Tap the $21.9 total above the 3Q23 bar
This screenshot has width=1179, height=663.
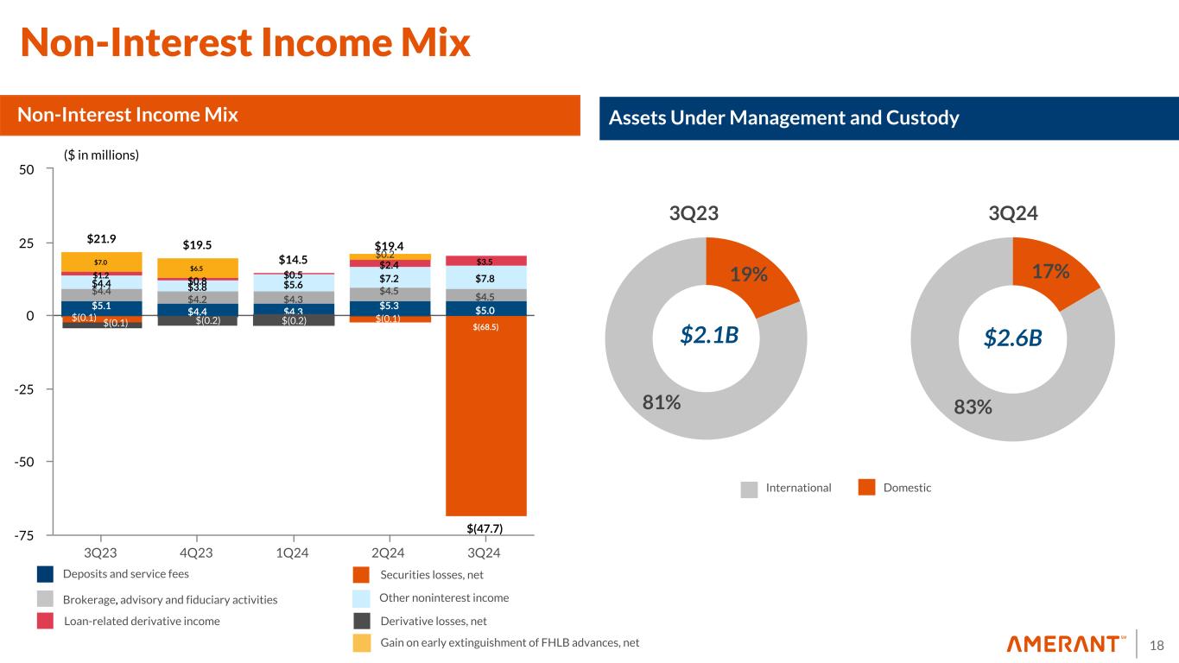(102, 237)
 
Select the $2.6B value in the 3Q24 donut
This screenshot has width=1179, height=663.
(1013, 338)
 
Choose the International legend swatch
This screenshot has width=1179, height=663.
(749, 489)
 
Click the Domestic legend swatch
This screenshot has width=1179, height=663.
(867, 489)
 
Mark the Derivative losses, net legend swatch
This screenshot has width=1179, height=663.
(363, 621)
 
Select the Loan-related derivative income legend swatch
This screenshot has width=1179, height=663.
(46, 621)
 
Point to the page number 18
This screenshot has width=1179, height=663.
(1157, 645)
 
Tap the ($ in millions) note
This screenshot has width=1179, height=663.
(102, 155)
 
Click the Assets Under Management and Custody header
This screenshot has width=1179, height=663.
(784, 119)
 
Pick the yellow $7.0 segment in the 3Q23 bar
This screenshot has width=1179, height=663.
(102, 262)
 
